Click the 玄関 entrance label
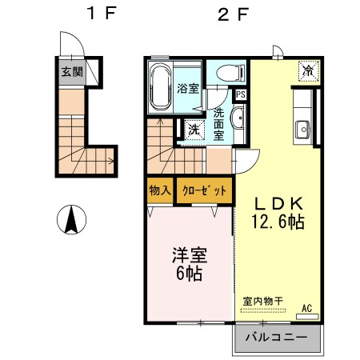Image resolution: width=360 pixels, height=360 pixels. (73, 71)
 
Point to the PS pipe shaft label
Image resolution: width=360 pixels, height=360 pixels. (241, 95)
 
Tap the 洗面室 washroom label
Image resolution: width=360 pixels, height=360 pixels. (218, 124)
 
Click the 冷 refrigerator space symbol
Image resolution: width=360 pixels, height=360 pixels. (309, 70)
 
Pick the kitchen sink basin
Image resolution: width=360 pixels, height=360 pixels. (303, 129)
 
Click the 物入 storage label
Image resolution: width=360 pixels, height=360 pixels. (160, 190)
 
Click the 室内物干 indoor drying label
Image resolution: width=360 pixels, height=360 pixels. (263, 301)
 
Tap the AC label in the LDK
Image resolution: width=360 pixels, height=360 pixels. (306, 309)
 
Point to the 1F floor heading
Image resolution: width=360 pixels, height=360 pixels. (98, 14)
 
